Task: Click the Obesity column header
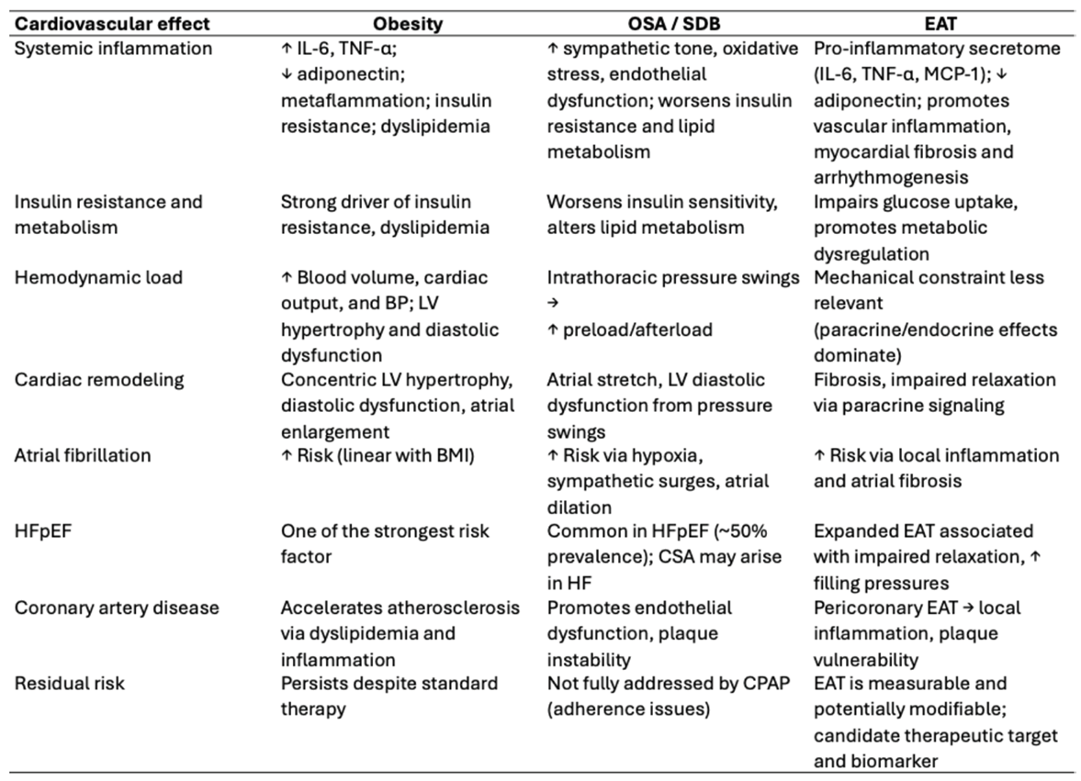tap(409, 24)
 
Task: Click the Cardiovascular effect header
tap(111, 24)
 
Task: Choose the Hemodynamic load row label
tap(98, 277)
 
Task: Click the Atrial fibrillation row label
tap(83, 455)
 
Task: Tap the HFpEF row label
tap(44, 531)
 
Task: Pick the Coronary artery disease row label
tap(117, 608)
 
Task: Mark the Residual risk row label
tap(70, 684)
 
